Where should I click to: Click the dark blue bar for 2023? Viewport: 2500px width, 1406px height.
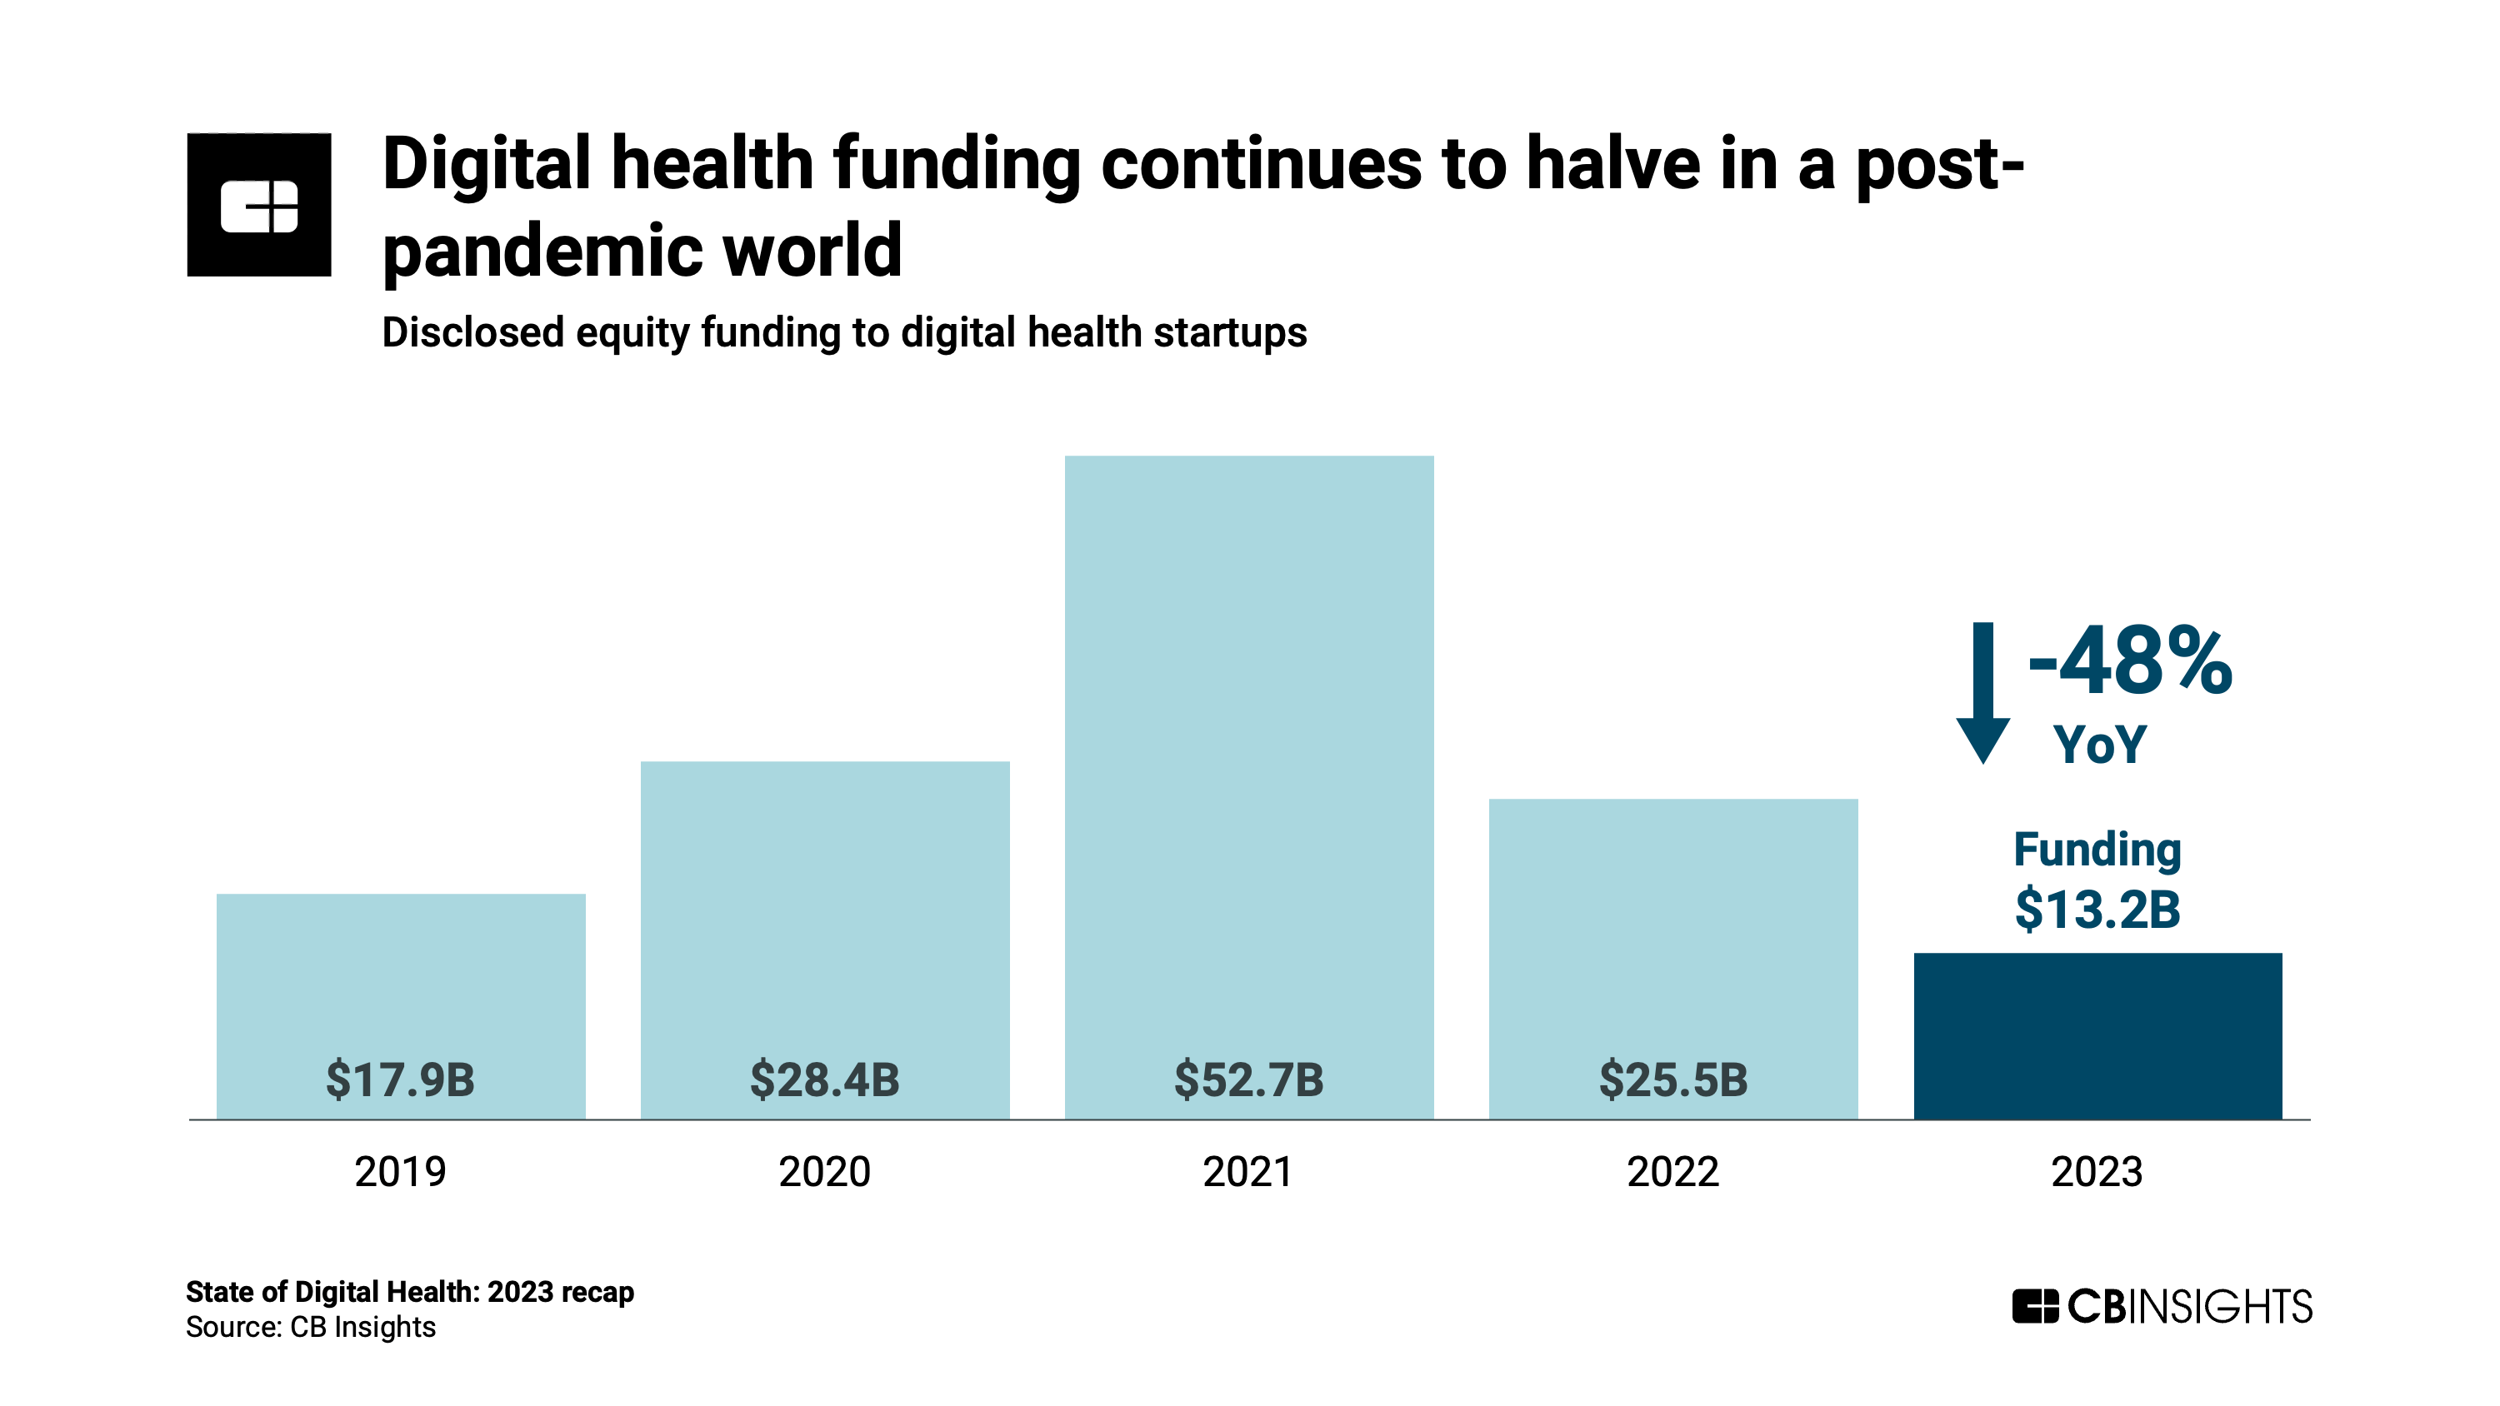[2097, 1035]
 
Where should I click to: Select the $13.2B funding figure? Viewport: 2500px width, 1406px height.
[2097, 910]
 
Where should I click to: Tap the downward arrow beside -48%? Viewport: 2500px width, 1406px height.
[1982, 693]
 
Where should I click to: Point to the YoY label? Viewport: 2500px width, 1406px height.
[2099, 745]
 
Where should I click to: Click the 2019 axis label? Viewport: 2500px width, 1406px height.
[400, 1171]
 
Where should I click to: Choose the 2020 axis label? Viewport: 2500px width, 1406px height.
[824, 1171]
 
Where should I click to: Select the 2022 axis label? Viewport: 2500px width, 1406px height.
[1673, 1171]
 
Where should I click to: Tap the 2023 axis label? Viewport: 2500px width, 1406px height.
[2097, 1171]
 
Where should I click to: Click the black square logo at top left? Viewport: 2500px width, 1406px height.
[259, 205]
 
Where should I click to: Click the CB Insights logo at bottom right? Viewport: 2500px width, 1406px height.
[2162, 1306]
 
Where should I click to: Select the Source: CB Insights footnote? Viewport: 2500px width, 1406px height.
[311, 1326]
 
